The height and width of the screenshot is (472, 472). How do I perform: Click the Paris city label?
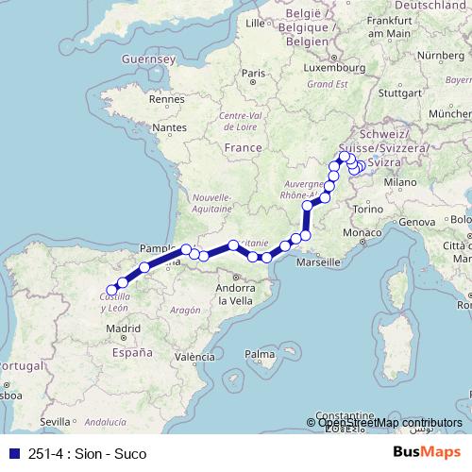click(252, 73)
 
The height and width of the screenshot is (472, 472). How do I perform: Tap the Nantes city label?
click(169, 126)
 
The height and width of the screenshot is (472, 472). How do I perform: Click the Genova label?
click(418, 221)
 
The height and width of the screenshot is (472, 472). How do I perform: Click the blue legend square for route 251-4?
click(12, 454)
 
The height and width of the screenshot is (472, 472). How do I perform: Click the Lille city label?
click(255, 22)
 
